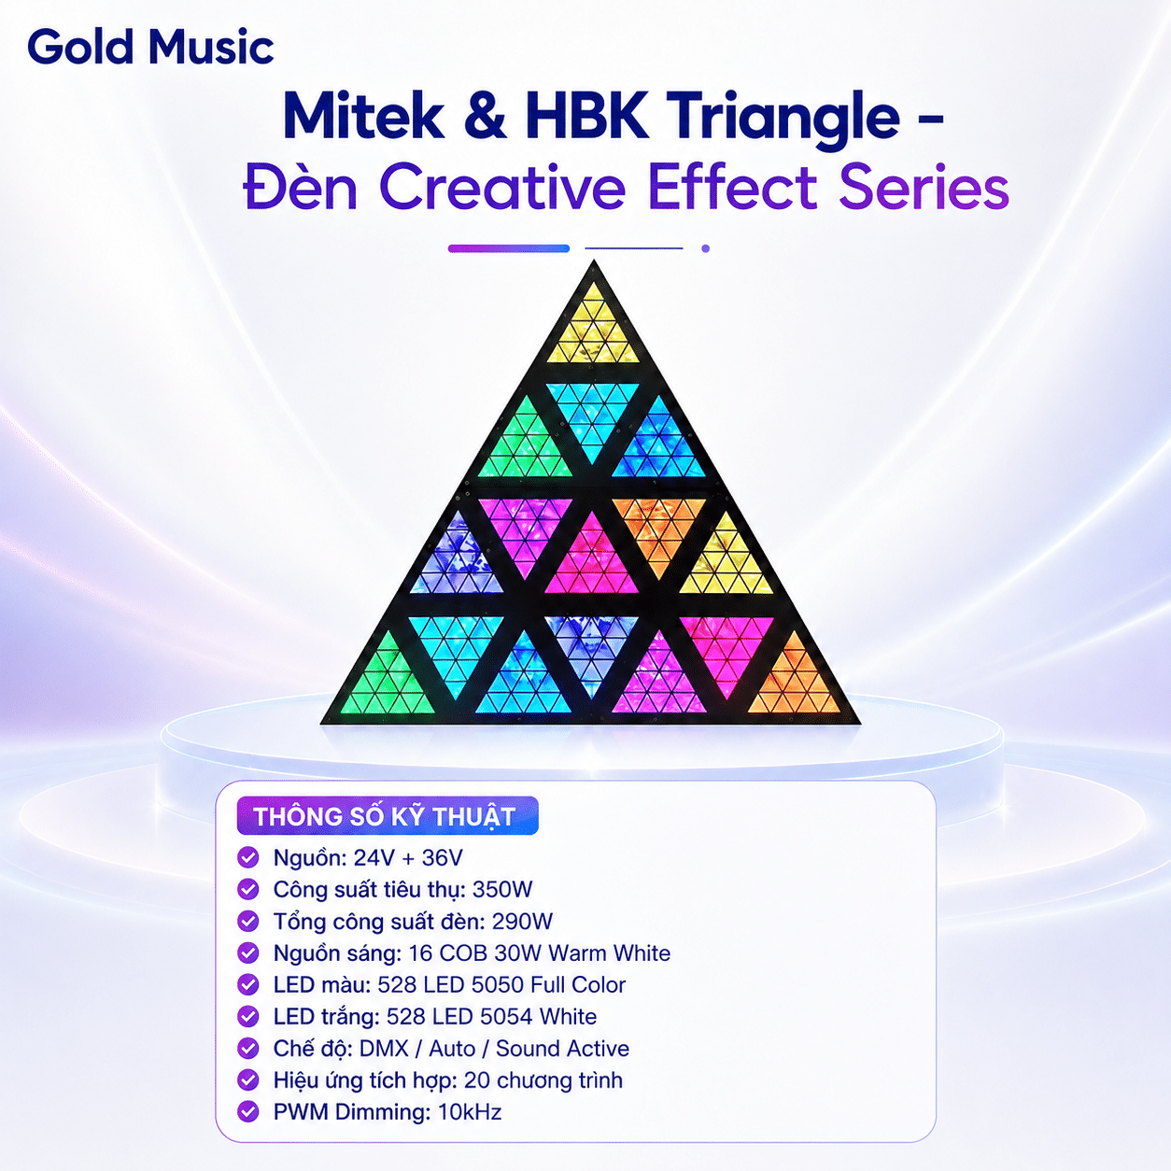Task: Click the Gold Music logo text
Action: coord(150,48)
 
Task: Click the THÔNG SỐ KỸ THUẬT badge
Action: coord(388,815)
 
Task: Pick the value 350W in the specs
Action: coord(502,890)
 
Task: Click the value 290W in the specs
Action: coord(522,922)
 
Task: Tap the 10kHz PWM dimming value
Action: coord(470,1112)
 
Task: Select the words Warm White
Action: coord(609,952)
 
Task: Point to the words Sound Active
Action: coord(562,1049)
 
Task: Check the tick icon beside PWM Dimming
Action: coord(248,1113)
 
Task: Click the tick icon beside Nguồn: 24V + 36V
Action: coord(248,858)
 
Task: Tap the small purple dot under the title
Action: coord(705,248)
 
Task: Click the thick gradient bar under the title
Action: coord(509,248)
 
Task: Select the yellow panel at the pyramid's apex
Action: coord(593,331)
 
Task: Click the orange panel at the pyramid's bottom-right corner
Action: coord(795,680)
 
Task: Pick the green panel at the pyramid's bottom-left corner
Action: coord(388,680)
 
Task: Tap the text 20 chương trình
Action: coord(543,1080)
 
